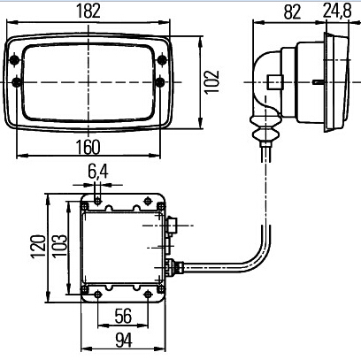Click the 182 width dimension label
(x=88, y=11)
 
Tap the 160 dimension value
(x=88, y=147)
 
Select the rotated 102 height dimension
(x=212, y=81)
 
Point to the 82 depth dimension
(x=292, y=11)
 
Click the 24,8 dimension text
(x=337, y=11)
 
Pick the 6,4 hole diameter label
(x=98, y=172)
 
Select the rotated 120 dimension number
(x=38, y=246)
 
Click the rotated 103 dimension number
(x=59, y=246)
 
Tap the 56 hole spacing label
(x=123, y=316)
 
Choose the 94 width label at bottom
(x=124, y=341)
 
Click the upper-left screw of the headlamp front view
(x=14, y=60)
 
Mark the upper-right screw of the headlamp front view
(x=162, y=60)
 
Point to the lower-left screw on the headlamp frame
(x=17, y=82)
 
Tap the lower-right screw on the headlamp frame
(x=160, y=82)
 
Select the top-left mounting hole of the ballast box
(x=98, y=202)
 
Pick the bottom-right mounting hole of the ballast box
(x=148, y=294)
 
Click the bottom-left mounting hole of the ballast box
(x=97, y=294)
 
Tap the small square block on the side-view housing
(x=275, y=82)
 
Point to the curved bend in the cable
(x=259, y=256)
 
